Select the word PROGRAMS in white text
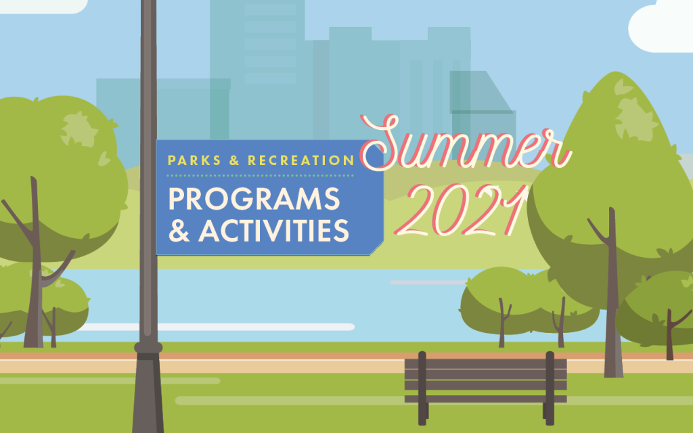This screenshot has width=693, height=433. click(254, 199)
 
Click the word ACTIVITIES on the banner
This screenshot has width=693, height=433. click(273, 231)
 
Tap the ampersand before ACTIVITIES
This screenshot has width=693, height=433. click(179, 231)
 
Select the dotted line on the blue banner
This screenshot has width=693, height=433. click(261, 175)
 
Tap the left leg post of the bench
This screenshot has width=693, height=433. click(422, 389)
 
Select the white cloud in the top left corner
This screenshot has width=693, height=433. click(41, 5)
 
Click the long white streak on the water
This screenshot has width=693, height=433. click(217, 327)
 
